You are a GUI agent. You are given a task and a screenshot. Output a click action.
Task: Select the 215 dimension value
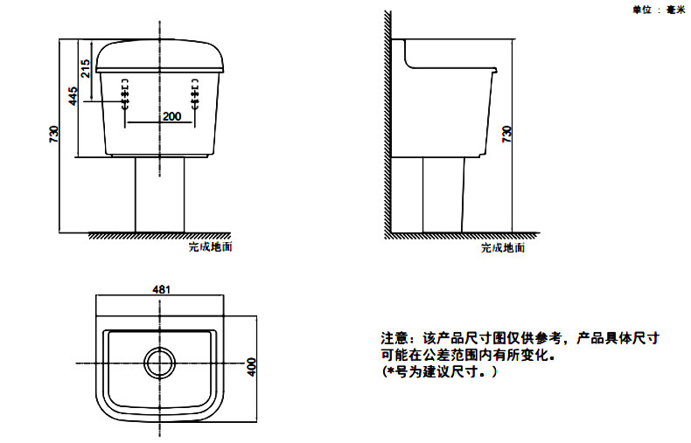(85, 68)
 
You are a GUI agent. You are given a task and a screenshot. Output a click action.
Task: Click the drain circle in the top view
(160, 362)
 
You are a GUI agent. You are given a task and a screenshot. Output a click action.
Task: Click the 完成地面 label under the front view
(210, 247)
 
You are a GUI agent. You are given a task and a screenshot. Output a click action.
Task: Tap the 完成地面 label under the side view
(502, 248)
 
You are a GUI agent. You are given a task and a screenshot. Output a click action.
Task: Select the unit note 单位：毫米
(657, 10)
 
